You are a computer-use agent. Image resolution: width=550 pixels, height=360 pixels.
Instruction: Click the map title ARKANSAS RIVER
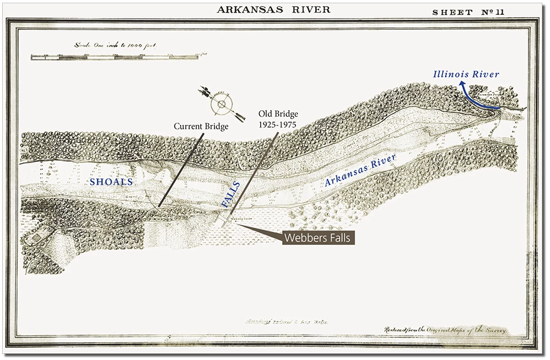click(x=273, y=9)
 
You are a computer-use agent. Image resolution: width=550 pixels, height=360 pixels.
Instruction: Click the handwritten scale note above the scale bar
click(x=116, y=46)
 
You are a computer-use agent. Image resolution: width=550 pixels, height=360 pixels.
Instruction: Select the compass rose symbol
click(x=221, y=103)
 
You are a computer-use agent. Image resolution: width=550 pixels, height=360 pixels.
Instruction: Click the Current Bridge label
click(x=201, y=126)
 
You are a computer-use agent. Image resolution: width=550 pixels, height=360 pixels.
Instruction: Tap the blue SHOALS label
click(x=112, y=181)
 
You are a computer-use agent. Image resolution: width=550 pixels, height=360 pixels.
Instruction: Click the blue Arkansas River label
click(x=360, y=171)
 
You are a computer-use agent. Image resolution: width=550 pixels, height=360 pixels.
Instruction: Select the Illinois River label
click(x=466, y=74)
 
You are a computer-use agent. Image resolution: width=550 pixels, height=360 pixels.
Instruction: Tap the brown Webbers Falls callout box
click(x=318, y=238)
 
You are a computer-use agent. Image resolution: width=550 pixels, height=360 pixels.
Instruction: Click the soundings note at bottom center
click(x=286, y=321)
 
